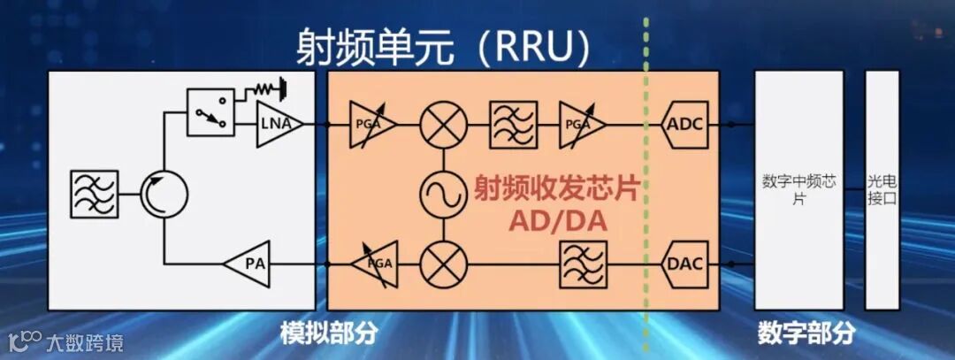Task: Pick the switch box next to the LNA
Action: click(x=210, y=112)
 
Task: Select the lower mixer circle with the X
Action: click(x=436, y=264)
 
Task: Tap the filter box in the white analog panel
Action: click(x=95, y=194)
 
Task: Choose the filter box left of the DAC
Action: click(x=582, y=264)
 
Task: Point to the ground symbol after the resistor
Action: click(x=281, y=88)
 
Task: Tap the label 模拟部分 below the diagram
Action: click(x=329, y=333)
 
